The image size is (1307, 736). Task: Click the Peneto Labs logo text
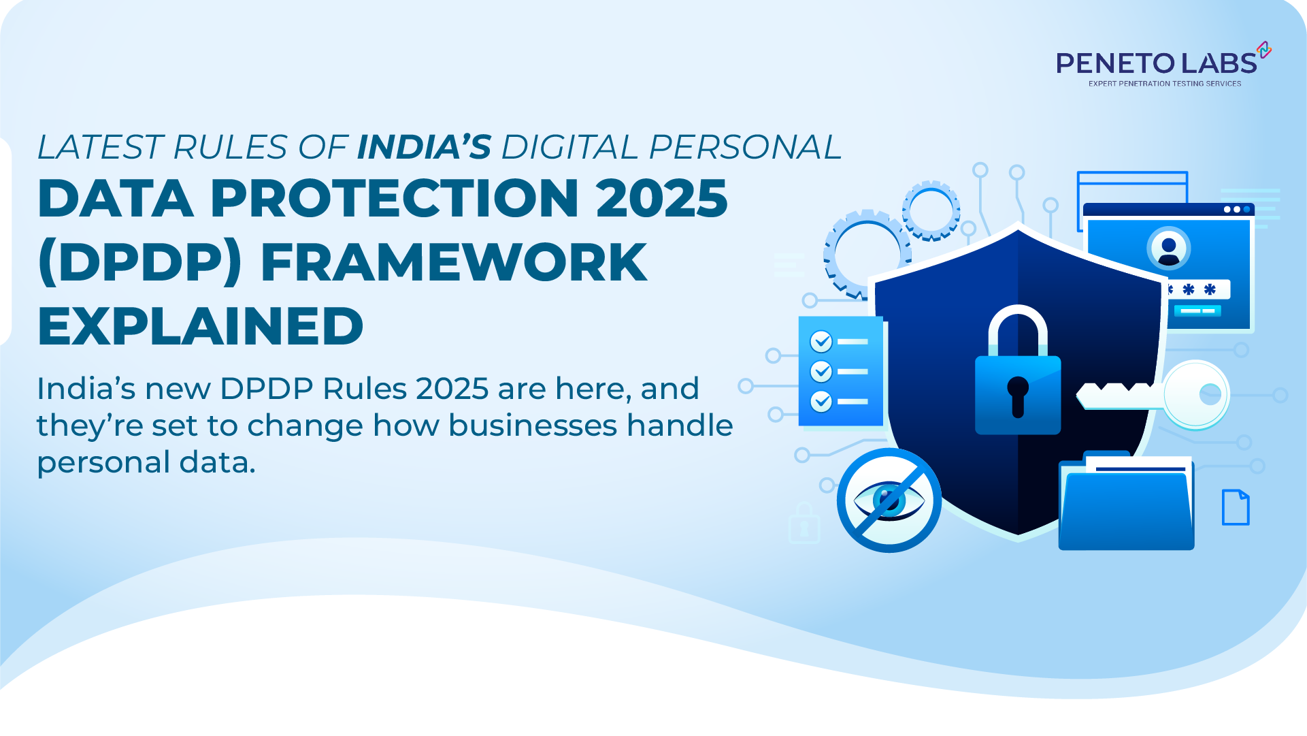1157,63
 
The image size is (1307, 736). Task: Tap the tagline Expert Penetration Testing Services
1164,84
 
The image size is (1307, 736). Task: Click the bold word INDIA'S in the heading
424,147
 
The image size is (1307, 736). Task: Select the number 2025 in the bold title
662,198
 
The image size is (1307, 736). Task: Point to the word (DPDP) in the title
140,263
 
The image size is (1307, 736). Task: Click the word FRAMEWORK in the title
454,263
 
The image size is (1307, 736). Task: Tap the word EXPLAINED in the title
201,326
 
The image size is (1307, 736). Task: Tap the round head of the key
1196,394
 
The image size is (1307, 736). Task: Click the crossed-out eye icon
889,500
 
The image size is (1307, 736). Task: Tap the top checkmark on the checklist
821,341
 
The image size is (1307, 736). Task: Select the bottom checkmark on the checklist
821,402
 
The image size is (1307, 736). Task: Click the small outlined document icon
1236,507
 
